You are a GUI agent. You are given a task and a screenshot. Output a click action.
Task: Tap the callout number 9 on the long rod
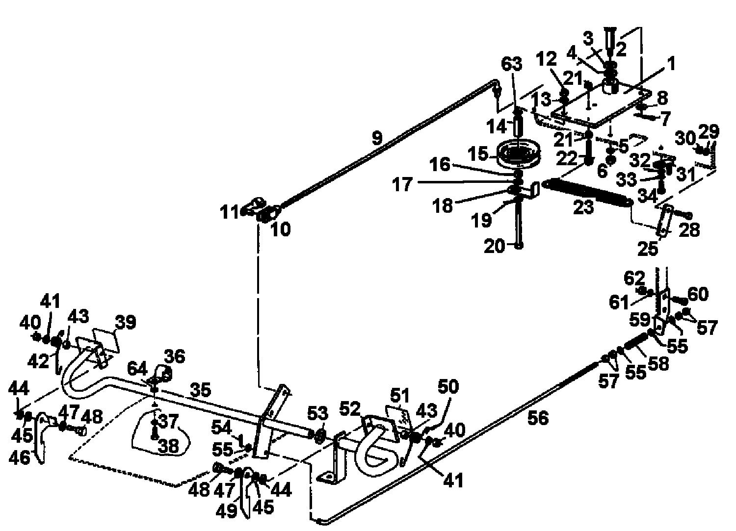pos(377,138)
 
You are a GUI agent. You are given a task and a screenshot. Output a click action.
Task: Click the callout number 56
pos(538,418)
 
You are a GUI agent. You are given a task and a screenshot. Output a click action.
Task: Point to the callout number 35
pos(200,390)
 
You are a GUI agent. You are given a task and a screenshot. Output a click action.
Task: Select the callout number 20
pos(494,246)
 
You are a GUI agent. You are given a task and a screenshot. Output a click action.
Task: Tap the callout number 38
pos(168,446)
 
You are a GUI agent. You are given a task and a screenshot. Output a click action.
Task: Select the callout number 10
pos(281,229)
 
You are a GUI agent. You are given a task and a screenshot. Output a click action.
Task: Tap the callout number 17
pos(402,184)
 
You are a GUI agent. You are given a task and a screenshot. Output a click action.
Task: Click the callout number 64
pos(137,370)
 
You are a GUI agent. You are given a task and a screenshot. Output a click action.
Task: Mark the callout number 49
pos(226,511)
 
